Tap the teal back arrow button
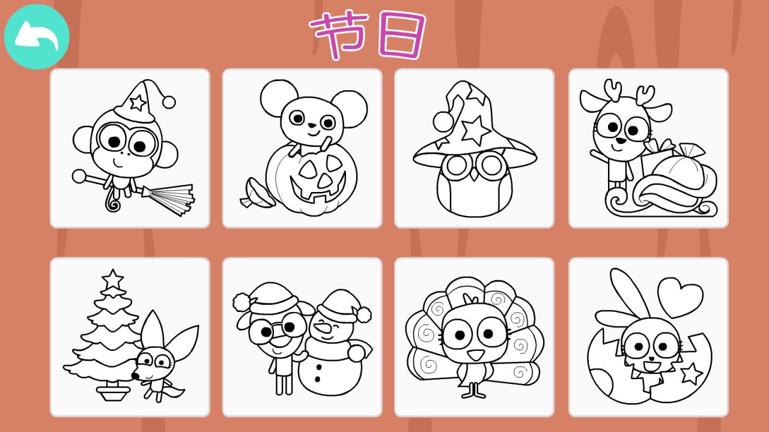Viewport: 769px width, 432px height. tap(37, 37)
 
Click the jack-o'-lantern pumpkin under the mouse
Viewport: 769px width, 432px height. tap(311, 181)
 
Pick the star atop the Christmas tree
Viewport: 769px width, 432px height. tap(112, 278)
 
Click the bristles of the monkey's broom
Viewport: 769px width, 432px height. tap(174, 198)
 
